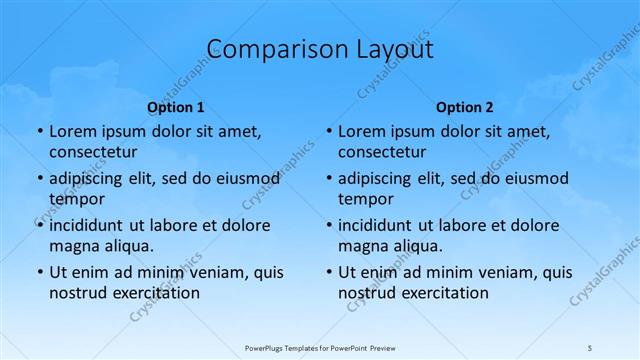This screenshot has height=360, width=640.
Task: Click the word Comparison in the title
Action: [x=264, y=49]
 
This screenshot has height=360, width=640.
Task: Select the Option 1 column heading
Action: [x=176, y=107]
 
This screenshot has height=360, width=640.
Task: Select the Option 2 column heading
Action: [x=465, y=107]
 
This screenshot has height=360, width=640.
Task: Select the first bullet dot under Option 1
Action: [x=39, y=132]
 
